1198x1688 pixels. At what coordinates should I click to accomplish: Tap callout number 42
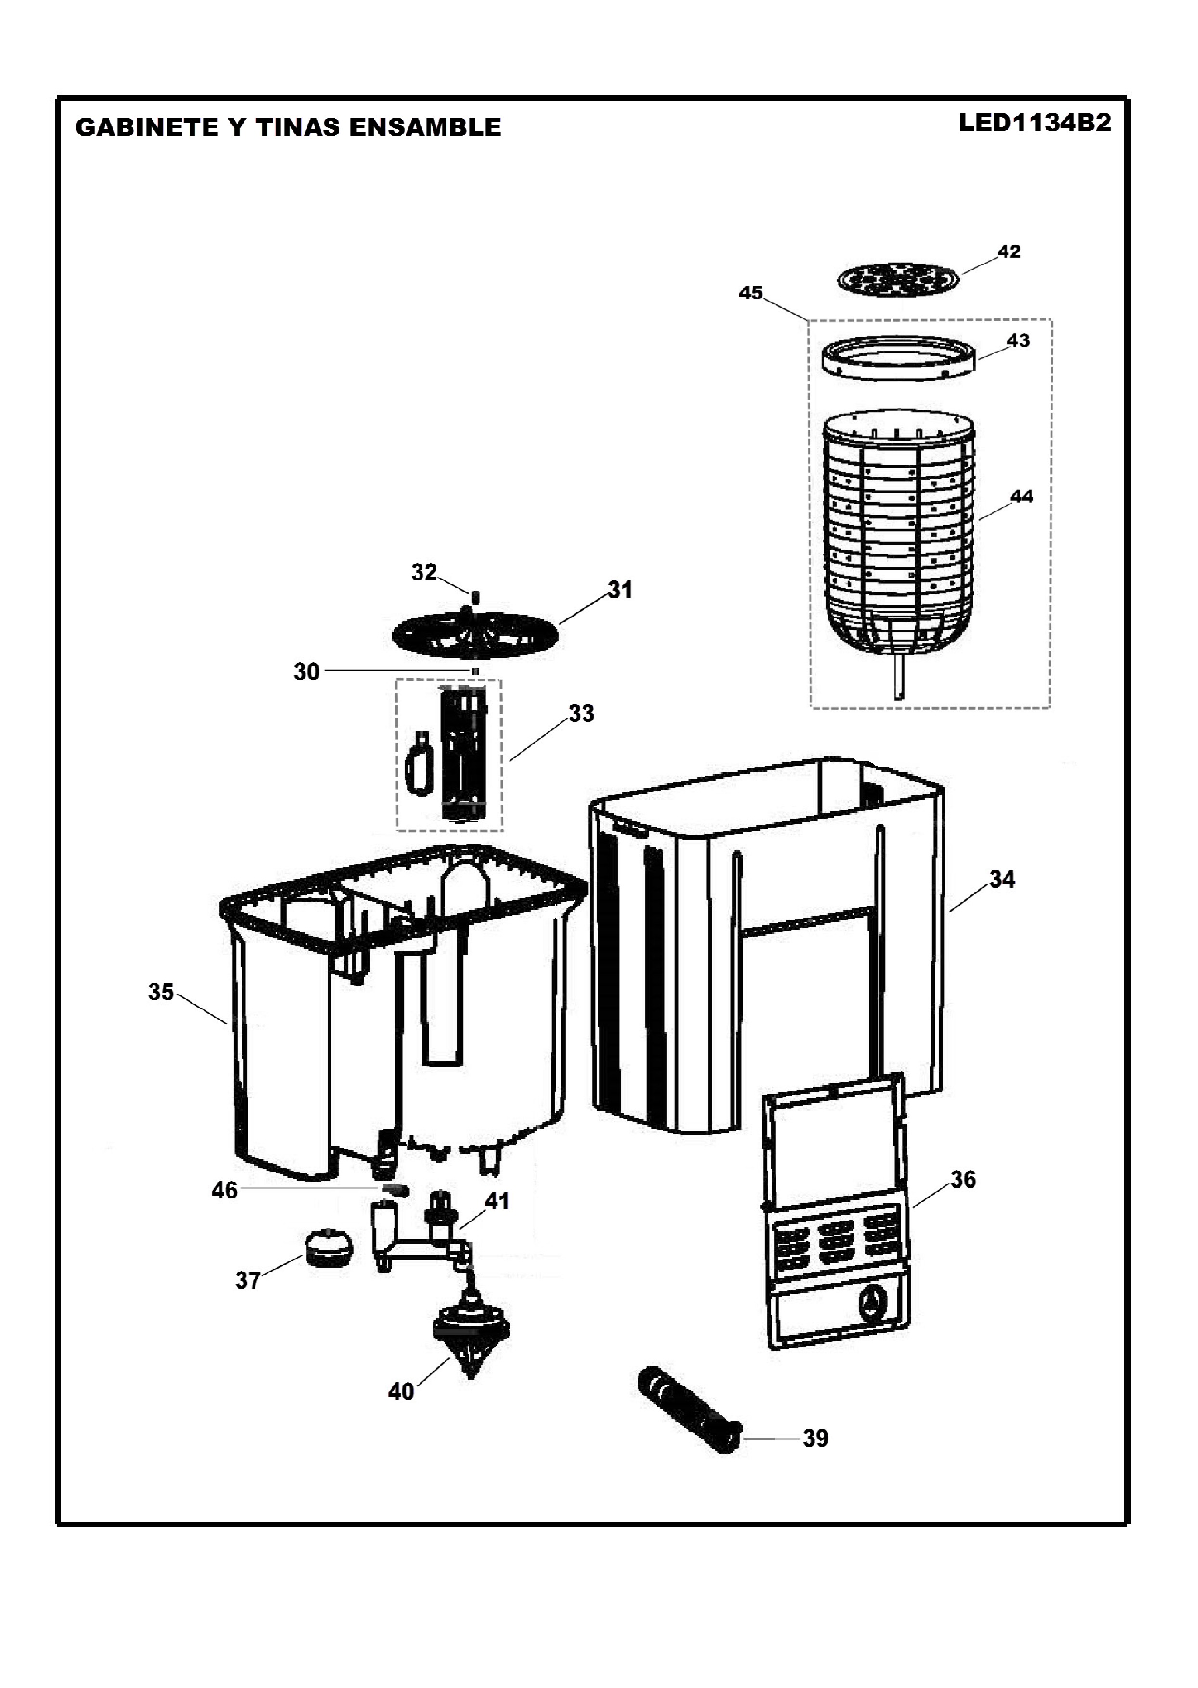coord(1008,252)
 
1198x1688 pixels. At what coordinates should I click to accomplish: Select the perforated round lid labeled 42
coord(899,279)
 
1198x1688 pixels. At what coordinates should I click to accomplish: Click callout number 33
coord(581,713)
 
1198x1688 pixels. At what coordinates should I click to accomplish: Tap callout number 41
coord(497,1201)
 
